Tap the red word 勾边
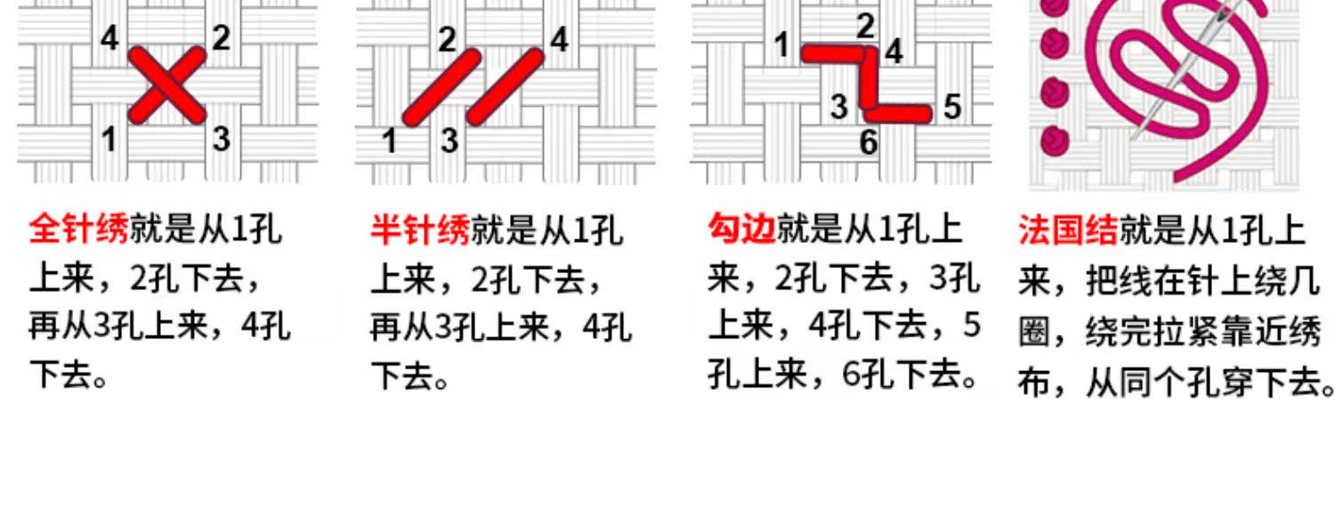741,229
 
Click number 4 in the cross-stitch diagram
109,38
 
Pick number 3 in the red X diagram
222,138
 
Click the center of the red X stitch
166,85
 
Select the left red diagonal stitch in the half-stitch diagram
442,85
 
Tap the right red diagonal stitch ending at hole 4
505,85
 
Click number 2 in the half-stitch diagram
447,38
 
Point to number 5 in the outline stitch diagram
952,108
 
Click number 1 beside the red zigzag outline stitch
781,44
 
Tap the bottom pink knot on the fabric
1056,138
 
